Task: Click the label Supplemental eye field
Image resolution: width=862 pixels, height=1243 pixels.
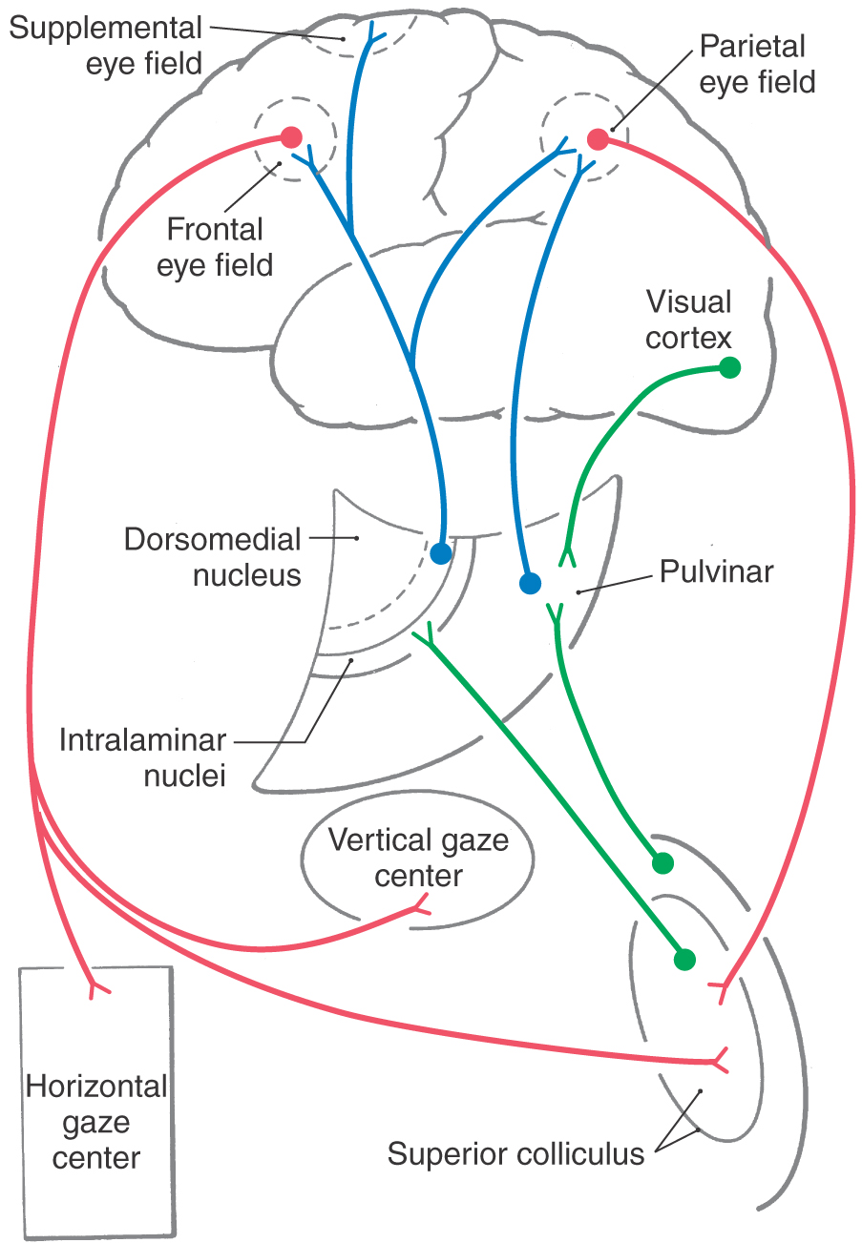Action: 106,45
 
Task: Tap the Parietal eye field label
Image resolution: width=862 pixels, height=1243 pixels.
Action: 757,63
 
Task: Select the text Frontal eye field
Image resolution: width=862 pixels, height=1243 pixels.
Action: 215,246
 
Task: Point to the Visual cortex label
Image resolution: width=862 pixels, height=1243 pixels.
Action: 688,320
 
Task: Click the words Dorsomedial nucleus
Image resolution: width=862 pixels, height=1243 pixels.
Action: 212,557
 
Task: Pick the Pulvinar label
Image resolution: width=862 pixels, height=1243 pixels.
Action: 716,571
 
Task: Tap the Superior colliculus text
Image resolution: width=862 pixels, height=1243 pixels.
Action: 515,1153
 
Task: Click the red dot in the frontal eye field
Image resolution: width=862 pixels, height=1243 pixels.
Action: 291,136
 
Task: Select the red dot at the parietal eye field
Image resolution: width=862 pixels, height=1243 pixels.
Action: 598,139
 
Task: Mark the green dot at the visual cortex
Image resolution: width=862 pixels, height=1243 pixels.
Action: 729,367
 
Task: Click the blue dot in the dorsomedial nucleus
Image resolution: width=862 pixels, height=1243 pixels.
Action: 440,552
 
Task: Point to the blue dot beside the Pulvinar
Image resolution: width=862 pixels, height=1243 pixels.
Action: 530,582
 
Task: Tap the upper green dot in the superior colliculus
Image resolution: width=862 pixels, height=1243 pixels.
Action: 662,863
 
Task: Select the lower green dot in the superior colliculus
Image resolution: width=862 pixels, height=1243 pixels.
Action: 683,959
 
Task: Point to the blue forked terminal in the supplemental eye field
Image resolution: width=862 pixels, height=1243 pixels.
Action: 372,38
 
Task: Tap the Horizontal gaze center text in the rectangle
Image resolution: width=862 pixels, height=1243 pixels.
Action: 96,1122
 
